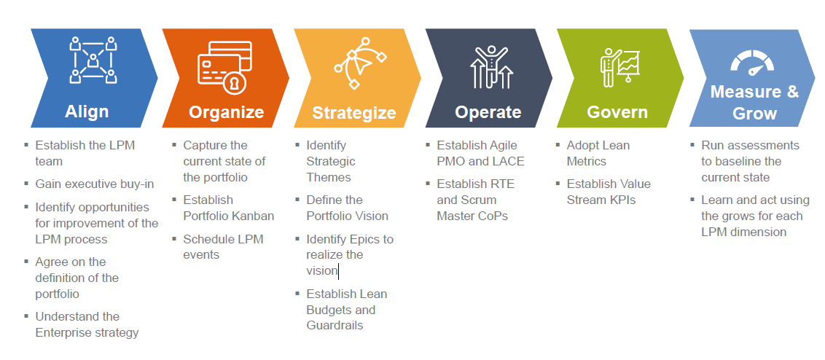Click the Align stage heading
coord(87,111)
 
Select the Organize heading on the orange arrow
coord(226,112)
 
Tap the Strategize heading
coord(354,113)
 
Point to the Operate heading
coord(488,112)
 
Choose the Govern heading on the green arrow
coord(617,112)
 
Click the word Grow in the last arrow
coord(754,114)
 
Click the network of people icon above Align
coord(93,60)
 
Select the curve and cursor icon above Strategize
coord(360,66)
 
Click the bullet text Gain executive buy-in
coord(95,184)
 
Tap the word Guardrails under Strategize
coord(335,325)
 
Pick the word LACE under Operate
coord(508,161)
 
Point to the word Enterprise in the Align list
coord(63,332)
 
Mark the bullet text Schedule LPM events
coord(223,247)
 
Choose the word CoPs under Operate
coord(493,216)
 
